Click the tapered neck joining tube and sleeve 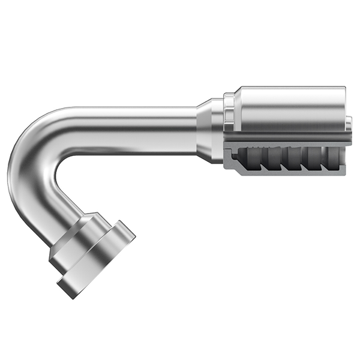coord(210,129)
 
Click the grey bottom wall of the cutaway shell coord(288,172)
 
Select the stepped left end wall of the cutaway coord(232,159)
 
